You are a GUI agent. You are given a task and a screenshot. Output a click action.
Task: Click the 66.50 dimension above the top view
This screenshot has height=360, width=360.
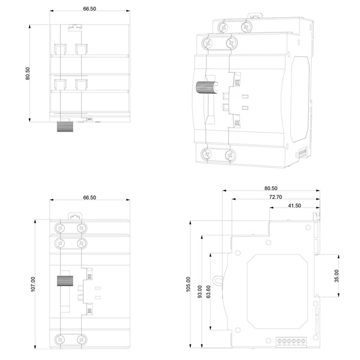click(x=90, y=9)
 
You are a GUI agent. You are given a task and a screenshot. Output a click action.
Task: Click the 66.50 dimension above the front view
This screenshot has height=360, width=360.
click(x=90, y=198)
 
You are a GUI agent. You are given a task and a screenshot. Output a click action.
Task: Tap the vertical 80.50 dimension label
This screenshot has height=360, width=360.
click(x=27, y=73)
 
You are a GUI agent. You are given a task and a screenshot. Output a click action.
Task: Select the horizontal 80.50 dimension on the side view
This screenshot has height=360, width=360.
click(x=271, y=188)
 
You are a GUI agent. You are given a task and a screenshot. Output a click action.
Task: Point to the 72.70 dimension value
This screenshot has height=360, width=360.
click(x=275, y=197)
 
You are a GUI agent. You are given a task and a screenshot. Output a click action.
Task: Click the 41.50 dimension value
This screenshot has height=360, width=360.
click(x=294, y=206)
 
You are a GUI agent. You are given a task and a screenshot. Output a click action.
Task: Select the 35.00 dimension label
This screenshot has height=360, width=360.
click(x=336, y=276)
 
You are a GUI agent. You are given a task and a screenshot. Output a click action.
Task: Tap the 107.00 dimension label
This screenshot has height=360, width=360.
click(x=33, y=284)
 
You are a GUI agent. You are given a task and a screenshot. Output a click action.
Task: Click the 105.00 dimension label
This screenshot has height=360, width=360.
click(x=188, y=284)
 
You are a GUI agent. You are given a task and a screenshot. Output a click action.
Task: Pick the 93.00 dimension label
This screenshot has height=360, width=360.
click(x=200, y=292)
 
